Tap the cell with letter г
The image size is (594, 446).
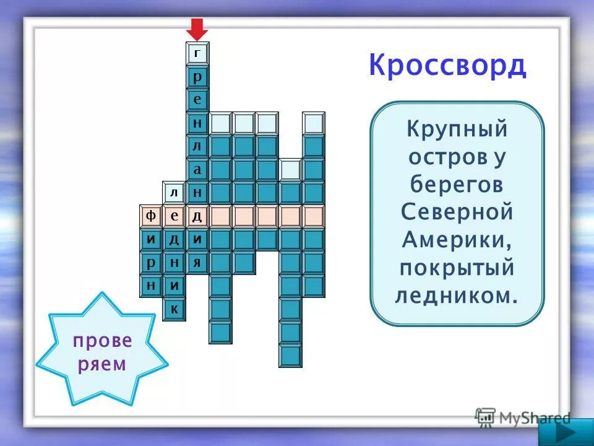pyautogui.click(x=197, y=53)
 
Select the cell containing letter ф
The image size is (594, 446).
pyautogui.click(x=150, y=216)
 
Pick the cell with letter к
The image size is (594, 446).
pyautogui.click(x=174, y=308)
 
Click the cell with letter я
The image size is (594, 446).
pyautogui.click(x=197, y=262)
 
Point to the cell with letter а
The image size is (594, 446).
pyautogui.click(x=197, y=169)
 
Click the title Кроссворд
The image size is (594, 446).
pyautogui.click(x=447, y=66)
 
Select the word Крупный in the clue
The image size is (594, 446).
pyautogui.click(x=457, y=129)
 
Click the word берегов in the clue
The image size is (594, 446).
pyautogui.click(x=457, y=185)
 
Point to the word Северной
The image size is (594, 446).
pyautogui.click(x=457, y=212)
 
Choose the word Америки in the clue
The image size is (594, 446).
pyautogui.click(x=457, y=240)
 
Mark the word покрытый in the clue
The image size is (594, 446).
pyautogui.click(x=457, y=268)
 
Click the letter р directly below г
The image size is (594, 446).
pyautogui.click(x=197, y=77)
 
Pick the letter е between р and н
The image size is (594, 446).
pyautogui.click(x=197, y=100)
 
